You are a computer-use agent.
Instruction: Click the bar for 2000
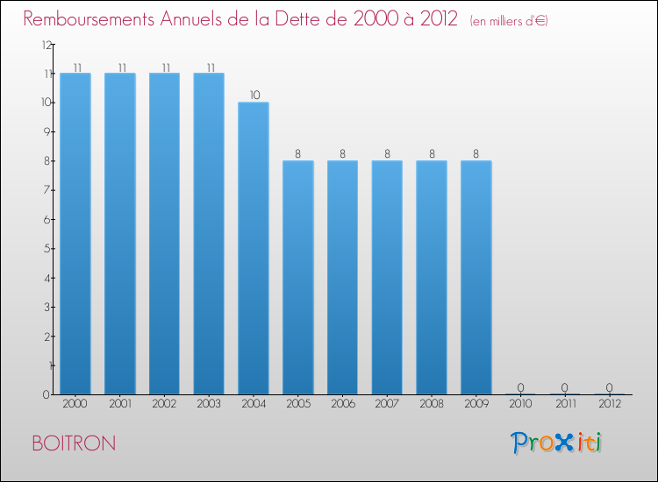pyautogui.click(x=75, y=233)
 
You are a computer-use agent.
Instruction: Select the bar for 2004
pyautogui.click(x=254, y=248)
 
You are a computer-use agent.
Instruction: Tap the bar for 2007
pyautogui.click(x=387, y=277)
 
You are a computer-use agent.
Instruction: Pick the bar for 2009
pyautogui.click(x=476, y=277)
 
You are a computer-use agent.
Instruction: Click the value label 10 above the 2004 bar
pyautogui.click(x=254, y=95)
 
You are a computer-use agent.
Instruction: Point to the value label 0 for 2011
pyautogui.click(x=565, y=387)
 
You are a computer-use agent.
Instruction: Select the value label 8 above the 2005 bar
pyautogui.click(x=298, y=153)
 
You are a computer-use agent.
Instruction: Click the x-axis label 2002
pyautogui.click(x=165, y=405)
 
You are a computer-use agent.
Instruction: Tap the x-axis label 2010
pyautogui.click(x=520, y=405)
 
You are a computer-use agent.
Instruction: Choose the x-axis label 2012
pyautogui.click(x=610, y=405)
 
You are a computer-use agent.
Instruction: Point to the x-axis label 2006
pyautogui.click(x=342, y=405)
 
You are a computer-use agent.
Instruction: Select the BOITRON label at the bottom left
pyautogui.click(x=73, y=443)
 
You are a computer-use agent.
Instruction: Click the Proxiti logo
pyautogui.click(x=556, y=443)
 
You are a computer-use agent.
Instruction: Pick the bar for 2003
pyautogui.click(x=209, y=233)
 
